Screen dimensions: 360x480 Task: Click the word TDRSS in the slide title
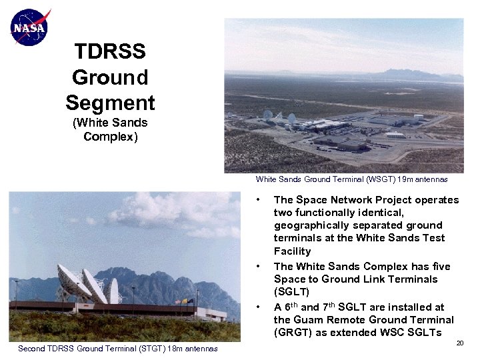(x=110, y=51)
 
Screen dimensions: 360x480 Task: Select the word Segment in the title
(x=110, y=103)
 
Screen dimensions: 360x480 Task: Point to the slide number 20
(x=459, y=343)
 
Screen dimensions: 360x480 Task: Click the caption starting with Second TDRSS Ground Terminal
(x=117, y=349)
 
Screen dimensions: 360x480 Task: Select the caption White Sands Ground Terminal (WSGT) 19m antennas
(x=351, y=179)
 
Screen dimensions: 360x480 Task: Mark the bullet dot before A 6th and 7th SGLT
(x=258, y=307)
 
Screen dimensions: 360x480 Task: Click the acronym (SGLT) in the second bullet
(x=292, y=292)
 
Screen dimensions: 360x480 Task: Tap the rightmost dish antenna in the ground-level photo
(x=114, y=291)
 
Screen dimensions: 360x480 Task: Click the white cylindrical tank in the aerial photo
(x=418, y=117)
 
